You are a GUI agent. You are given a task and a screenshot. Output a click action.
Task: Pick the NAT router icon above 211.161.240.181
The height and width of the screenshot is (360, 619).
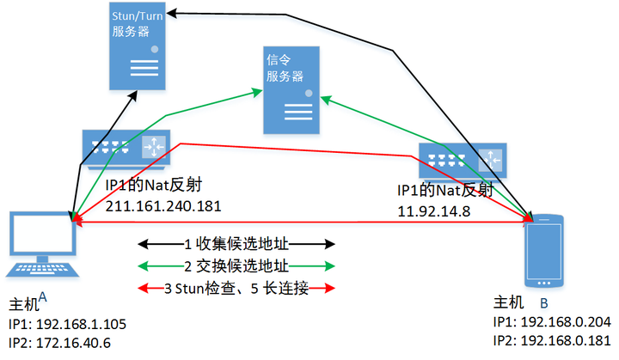click(126, 147)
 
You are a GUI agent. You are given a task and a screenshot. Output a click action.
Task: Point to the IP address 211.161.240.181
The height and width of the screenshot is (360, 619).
click(163, 206)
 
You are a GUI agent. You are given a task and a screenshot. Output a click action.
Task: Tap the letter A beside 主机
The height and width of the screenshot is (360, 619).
click(42, 297)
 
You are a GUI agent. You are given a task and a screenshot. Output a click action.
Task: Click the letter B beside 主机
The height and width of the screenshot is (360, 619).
click(543, 302)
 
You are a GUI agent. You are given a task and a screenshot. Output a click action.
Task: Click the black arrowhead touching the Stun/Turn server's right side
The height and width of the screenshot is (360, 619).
click(173, 13)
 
